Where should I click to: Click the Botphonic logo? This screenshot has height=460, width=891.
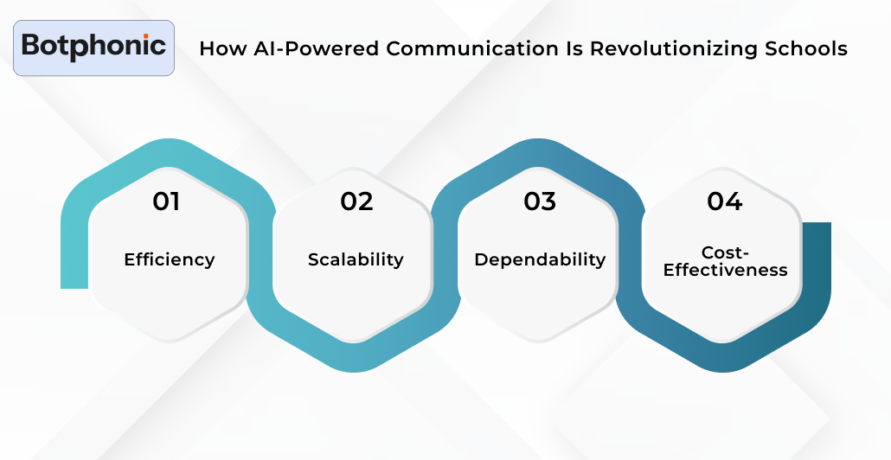[x=93, y=47]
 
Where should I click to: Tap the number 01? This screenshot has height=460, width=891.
[x=166, y=201]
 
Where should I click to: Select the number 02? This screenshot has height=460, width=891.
[x=356, y=201]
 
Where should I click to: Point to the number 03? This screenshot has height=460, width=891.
[x=540, y=201]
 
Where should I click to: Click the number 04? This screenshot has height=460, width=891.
[x=724, y=201]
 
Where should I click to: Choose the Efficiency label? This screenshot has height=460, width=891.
[x=170, y=259]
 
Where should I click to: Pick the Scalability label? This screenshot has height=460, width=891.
[x=356, y=259]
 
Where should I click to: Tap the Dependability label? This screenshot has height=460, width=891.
[x=540, y=259]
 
